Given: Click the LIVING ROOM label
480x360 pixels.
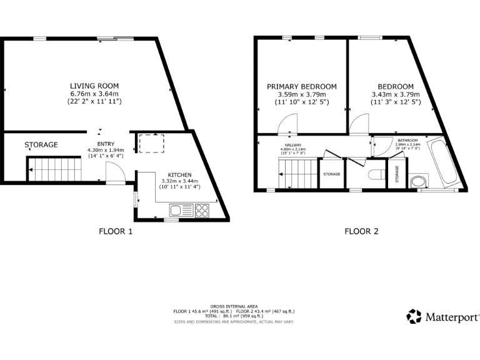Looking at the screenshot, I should (x=94, y=86).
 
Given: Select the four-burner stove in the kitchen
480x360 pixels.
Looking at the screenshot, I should (x=202, y=210).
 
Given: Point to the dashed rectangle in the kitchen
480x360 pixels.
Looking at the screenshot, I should (x=149, y=144).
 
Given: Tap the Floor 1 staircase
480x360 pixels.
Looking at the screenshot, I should (x=54, y=168).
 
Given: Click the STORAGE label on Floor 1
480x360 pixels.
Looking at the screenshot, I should (x=41, y=145).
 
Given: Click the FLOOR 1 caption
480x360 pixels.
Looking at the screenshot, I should (x=116, y=231).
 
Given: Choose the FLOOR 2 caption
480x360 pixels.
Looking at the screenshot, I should (x=362, y=231).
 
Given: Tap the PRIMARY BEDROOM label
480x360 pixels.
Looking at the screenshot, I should (x=302, y=86).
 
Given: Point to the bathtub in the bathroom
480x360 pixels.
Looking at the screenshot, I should (x=445, y=162).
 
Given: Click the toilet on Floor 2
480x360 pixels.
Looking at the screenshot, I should (x=376, y=173).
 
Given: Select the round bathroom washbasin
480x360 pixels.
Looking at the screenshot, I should (x=419, y=182).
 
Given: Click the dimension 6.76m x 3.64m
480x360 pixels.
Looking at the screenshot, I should (x=94, y=94).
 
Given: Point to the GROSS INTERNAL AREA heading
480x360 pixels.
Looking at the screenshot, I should (x=234, y=306).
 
